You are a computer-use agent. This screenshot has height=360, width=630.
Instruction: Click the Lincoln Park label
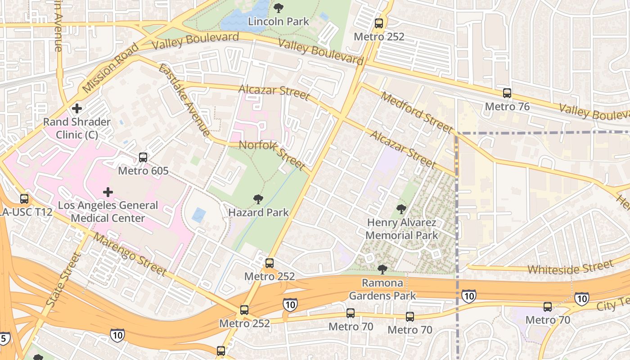click(279, 21)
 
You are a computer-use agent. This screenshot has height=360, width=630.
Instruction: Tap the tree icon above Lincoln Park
click(279, 8)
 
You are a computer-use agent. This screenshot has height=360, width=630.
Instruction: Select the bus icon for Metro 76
click(507, 93)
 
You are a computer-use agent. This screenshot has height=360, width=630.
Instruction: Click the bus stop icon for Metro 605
click(143, 157)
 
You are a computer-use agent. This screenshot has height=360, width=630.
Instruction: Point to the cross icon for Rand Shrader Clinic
click(77, 108)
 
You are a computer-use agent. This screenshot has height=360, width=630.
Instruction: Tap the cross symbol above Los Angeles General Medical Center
click(108, 192)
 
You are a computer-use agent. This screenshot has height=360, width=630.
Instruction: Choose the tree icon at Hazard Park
click(258, 199)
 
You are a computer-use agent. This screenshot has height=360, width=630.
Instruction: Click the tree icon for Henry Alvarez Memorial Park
click(401, 209)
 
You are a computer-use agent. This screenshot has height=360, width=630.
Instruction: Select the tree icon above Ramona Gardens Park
click(382, 270)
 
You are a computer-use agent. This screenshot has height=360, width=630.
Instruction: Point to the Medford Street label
click(416, 112)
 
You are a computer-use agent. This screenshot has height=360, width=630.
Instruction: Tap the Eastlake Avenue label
click(184, 100)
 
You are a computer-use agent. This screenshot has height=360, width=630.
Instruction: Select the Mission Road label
click(111, 68)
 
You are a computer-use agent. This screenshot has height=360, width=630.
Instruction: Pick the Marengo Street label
click(130, 255)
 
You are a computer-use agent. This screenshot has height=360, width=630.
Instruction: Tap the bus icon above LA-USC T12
click(24, 198)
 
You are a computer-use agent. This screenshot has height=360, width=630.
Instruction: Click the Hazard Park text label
click(258, 212)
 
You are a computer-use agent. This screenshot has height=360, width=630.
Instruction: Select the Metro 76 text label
click(507, 107)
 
